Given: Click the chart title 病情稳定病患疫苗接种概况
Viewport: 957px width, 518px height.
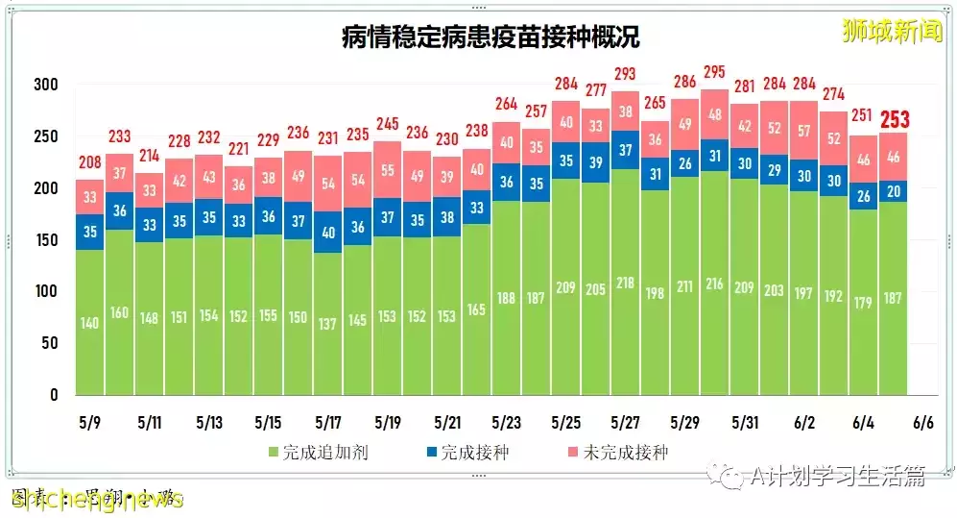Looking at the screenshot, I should coord(490,37).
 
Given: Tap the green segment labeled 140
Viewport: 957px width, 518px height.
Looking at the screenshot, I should coord(89,322).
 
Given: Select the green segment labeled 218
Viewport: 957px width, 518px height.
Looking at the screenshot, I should coord(626,283).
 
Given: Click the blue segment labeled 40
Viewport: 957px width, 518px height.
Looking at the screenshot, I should coord(328,232).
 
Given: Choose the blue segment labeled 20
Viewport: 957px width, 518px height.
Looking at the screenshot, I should coord(893,190).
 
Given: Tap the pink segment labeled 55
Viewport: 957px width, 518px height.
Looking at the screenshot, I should coord(388,169).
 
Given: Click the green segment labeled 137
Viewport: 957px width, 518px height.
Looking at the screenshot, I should coord(328,324).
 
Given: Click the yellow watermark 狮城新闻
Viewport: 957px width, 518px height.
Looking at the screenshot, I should coord(892,32).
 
